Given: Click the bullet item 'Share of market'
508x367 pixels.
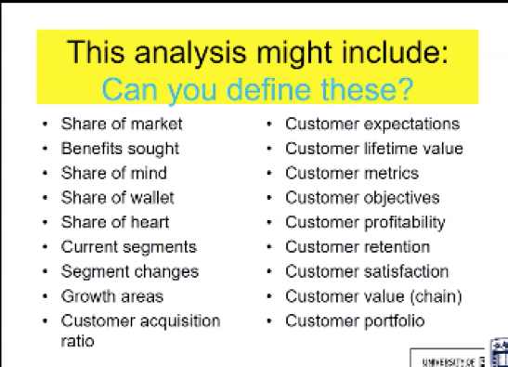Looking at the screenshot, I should pos(122,124).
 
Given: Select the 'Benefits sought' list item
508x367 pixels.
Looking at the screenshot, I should pos(120,148).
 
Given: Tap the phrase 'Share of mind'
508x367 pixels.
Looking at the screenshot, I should pos(114,173).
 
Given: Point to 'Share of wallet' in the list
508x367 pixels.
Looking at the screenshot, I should pos(117,197).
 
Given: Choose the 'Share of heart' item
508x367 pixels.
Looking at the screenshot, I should pos(115,222).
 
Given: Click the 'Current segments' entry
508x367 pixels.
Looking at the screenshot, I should pos(128,247).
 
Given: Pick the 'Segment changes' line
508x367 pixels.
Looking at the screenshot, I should pos(129,272).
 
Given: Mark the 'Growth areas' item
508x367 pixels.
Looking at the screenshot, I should pos(111,296).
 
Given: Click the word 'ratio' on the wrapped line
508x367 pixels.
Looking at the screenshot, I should pos(78,340).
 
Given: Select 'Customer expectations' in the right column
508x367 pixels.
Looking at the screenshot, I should pos(371,124).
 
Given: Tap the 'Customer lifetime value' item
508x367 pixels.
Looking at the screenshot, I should pos(373,148).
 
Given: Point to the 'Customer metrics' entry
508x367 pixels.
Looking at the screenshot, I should pos(351,173).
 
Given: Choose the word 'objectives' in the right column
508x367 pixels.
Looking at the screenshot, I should pos(401,197).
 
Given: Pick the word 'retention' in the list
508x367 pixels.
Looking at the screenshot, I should pos(397,247).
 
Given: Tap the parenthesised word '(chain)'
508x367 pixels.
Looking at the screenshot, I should pos(438,296).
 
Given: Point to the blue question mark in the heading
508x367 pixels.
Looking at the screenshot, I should pos(406,89).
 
